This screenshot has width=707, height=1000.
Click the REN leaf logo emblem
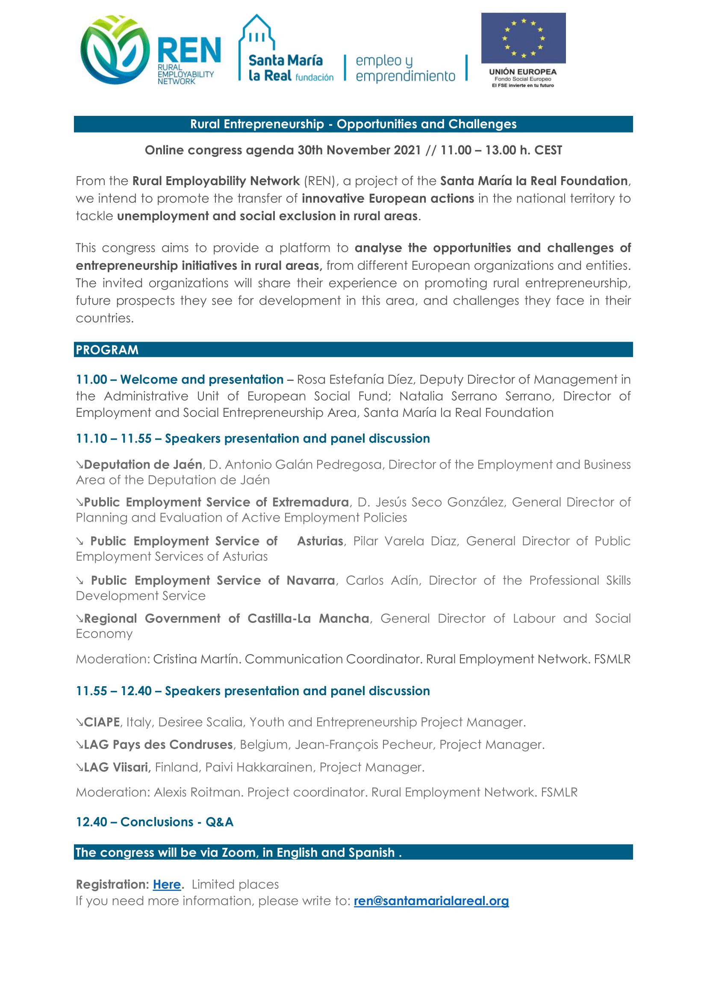pyautogui.click(x=115, y=50)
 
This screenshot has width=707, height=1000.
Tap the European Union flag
pyautogui.click(x=523, y=38)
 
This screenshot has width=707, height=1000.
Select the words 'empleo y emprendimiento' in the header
pyautogui.click(x=405, y=68)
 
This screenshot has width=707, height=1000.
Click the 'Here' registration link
pyautogui.click(x=167, y=884)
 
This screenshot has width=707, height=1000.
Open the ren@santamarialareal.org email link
pyautogui.click(x=431, y=901)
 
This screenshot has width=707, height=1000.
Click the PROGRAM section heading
pyautogui.click(x=107, y=350)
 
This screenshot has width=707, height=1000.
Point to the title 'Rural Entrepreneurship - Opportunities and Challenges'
pyautogui.click(x=353, y=124)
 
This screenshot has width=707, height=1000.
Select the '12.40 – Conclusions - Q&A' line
pyautogui.click(x=155, y=822)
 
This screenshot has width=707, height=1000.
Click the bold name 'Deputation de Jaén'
pyautogui.click(x=143, y=464)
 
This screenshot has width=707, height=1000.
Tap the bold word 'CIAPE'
pyautogui.click(x=102, y=722)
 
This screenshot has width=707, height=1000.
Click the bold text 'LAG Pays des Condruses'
pyautogui.click(x=158, y=744)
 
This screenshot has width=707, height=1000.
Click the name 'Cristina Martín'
pyautogui.click(x=196, y=659)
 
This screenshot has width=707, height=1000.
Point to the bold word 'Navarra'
pyautogui.click(x=311, y=580)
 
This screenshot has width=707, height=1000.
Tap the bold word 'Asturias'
pyautogui.click(x=321, y=541)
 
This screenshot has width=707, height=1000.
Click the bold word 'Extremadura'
pyautogui.click(x=310, y=502)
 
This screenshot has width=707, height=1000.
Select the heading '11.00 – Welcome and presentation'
pyautogui.click(x=180, y=379)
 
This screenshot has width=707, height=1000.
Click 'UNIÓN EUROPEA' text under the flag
pyautogui.click(x=522, y=72)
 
